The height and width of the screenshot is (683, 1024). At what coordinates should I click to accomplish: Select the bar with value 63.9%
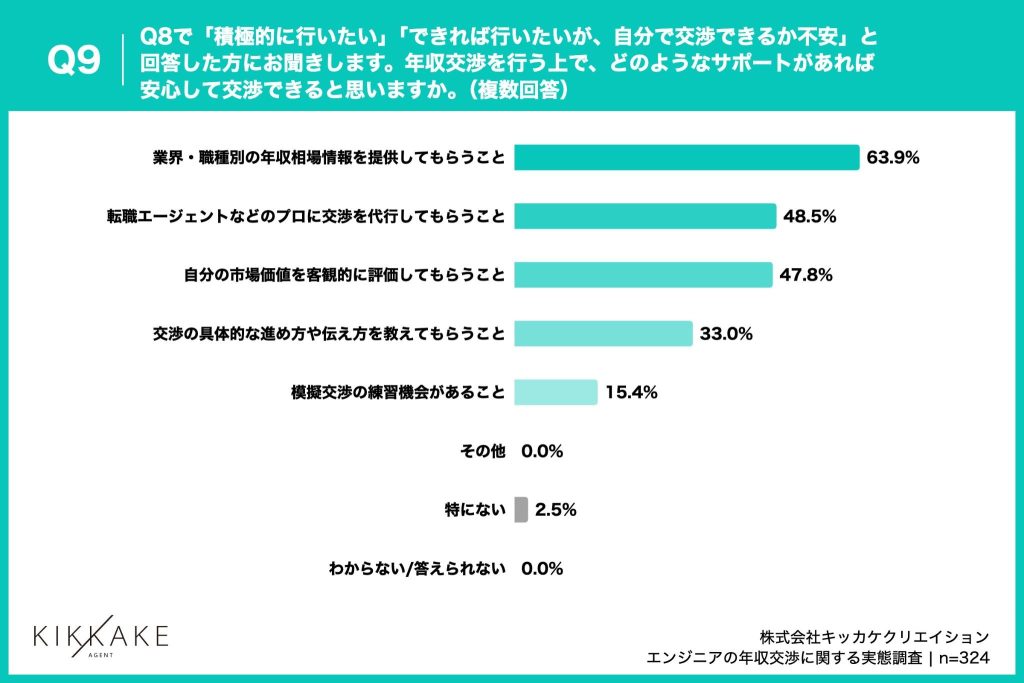686,158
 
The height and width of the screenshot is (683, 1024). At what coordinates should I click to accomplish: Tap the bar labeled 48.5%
645,216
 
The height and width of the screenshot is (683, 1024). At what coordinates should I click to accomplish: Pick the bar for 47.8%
643,274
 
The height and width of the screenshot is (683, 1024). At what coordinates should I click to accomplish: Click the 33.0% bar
603,333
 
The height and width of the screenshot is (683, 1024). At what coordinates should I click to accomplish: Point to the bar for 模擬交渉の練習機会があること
556,392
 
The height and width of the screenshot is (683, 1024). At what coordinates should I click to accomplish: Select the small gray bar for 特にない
521,510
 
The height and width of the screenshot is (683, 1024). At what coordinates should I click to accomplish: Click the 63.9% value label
893,158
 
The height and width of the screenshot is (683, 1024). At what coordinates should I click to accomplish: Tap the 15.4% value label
631,393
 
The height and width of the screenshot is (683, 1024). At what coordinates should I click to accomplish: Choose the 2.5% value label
556,510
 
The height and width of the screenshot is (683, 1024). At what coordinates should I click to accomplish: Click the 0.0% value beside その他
543,451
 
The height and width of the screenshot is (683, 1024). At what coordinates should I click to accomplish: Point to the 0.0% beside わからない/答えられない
543,569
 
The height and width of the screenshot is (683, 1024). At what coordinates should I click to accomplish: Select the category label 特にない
475,510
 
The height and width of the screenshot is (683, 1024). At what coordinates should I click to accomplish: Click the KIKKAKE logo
101,635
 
